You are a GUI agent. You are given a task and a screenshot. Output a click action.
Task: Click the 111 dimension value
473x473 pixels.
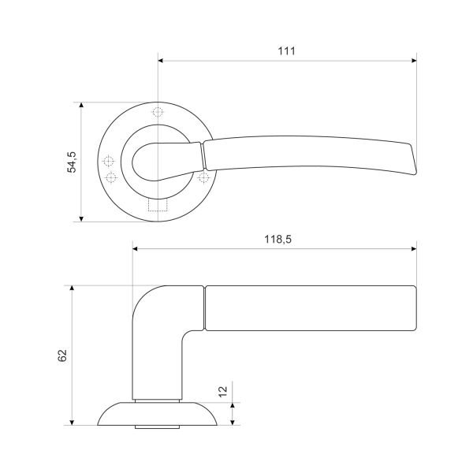click(x=287, y=51)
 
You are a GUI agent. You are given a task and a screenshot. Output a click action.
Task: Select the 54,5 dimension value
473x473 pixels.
click(x=72, y=162)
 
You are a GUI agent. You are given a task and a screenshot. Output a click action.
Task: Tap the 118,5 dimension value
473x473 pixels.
click(x=277, y=239)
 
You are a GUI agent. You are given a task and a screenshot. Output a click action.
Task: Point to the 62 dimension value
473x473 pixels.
click(x=62, y=356)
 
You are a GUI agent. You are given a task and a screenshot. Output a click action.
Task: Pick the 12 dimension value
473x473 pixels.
click(x=222, y=391)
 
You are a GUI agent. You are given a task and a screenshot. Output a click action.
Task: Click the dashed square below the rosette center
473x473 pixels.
click(x=158, y=205)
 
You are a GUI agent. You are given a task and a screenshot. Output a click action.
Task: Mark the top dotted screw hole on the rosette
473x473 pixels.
click(x=158, y=112)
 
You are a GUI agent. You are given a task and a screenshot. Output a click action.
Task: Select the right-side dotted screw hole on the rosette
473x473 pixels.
click(x=204, y=177)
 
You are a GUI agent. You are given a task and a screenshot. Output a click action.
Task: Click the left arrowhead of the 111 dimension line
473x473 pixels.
click(x=161, y=61)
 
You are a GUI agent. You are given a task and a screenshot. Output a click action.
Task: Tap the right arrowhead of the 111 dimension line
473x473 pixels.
click(x=414, y=61)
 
